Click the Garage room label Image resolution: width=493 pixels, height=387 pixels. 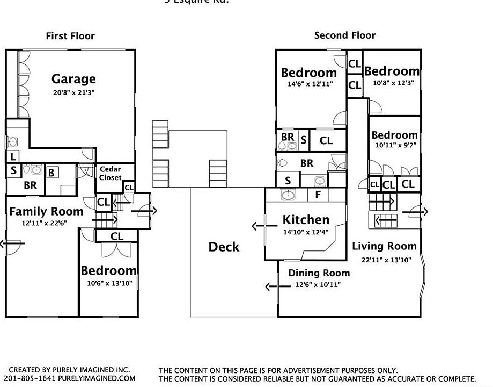[73, 79]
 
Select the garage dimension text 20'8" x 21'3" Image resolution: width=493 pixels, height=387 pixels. [73, 92]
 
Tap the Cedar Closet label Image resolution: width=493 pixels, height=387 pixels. [110, 173]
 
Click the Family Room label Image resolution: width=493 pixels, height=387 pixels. [46, 211]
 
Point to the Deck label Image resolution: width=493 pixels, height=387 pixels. [224, 247]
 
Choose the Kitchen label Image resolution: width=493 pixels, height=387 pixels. [306, 219]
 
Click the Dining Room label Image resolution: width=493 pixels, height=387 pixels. [319, 273]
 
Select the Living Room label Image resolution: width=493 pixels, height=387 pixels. [384, 246]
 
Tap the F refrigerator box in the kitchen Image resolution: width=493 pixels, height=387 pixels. [318, 195]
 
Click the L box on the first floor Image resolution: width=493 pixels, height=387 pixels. [12, 156]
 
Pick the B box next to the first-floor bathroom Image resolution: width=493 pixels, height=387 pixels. [51, 173]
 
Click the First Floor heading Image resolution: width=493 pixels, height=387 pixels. [70, 36]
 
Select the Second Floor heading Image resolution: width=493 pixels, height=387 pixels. [345, 35]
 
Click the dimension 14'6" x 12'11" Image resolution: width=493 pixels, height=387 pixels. [310, 84]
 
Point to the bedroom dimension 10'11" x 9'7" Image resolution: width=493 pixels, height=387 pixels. [394, 145]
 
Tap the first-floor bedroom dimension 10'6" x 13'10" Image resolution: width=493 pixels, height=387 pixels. [109, 283]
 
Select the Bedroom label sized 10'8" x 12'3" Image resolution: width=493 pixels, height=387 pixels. [392, 71]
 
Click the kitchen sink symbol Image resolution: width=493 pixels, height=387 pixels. [289, 195]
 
